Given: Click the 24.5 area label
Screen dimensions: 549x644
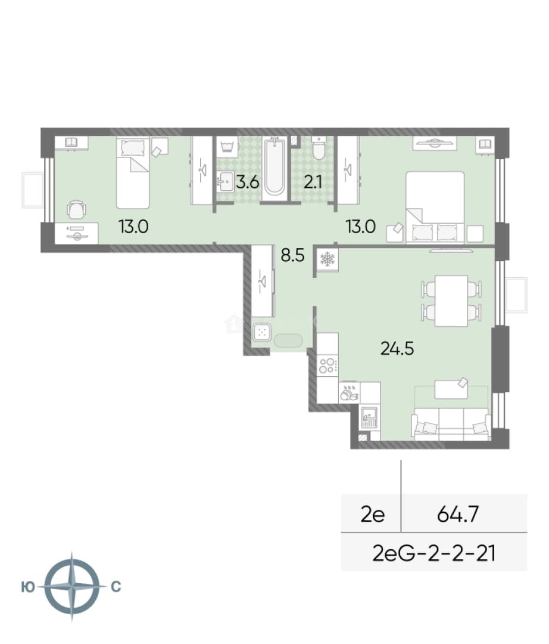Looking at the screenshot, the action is pyautogui.click(x=397, y=349).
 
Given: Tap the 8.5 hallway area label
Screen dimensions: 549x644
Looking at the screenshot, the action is pyautogui.click(x=292, y=255).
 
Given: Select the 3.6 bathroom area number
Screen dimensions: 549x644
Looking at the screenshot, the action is pyautogui.click(x=248, y=181).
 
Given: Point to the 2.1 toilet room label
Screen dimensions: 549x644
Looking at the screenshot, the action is pyautogui.click(x=313, y=181).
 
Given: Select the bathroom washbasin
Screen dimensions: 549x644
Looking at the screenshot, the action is pyautogui.click(x=225, y=181).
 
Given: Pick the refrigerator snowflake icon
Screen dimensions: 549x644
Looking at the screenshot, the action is pyautogui.click(x=327, y=259).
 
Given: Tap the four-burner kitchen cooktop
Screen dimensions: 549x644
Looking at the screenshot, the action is pyautogui.click(x=327, y=365).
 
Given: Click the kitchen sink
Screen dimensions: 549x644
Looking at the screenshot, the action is pyautogui.click(x=369, y=417).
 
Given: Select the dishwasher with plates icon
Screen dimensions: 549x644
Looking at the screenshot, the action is pyautogui.click(x=349, y=392).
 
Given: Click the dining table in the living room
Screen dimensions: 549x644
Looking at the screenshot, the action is pyautogui.click(x=451, y=301).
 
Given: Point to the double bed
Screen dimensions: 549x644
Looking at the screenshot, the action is pyautogui.click(x=435, y=208).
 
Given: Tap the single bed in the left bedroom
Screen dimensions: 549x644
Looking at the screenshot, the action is pyautogui.click(x=132, y=173).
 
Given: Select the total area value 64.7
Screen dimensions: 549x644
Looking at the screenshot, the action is pyautogui.click(x=458, y=514).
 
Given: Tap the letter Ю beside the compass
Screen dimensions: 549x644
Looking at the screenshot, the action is pyautogui.click(x=28, y=587).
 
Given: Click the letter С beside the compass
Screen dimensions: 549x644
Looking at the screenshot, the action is pyautogui.click(x=116, y=587).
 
